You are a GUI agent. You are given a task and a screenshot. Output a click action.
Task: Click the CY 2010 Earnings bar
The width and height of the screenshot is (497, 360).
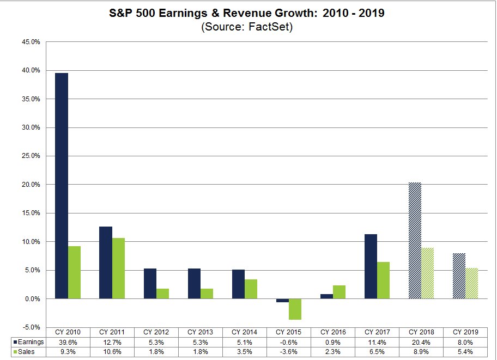click(x=62, y=186)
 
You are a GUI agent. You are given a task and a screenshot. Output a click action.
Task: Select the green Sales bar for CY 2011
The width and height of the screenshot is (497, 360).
click(x=118, y=269)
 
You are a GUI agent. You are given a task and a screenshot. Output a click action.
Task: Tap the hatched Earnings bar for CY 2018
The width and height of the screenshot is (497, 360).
click(x=415, y=240)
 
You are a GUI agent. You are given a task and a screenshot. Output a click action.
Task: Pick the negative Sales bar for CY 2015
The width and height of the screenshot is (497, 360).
click(x=295, y=309)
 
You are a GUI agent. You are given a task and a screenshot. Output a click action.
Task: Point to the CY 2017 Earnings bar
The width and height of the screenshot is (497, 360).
click(x=371, y=266)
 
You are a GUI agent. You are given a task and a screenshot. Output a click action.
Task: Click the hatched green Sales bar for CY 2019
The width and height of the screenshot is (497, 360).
click(x=471, y=283)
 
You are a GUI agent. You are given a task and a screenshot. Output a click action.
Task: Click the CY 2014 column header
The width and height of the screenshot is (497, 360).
click(x=244, y=331)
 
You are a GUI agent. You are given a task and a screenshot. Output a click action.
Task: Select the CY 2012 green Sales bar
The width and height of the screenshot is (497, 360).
click(x=162, y=294)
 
